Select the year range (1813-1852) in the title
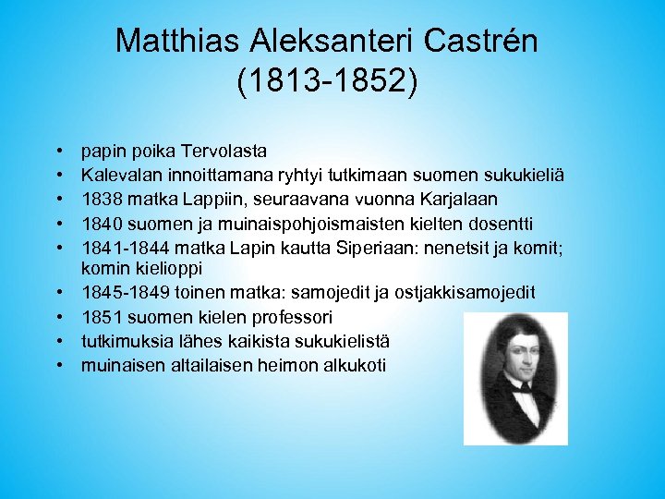pyautogui.click(x=328, y=81)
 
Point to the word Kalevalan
pyautogui.click(x=119, y=175)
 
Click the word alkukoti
pyautogui.click(x=354, y=365)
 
